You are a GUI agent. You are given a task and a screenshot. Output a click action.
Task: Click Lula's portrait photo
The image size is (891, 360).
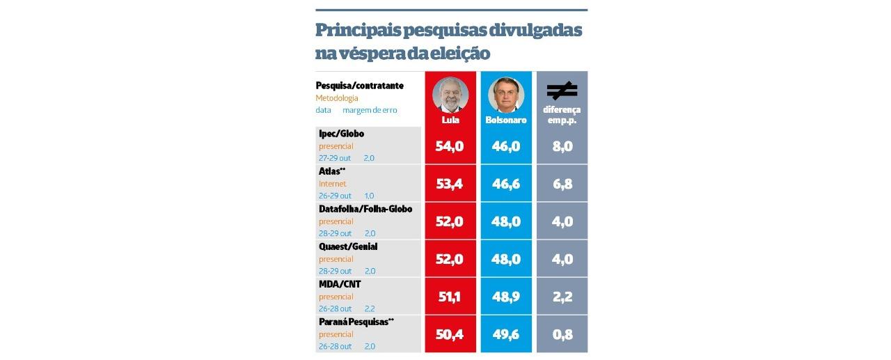[x=450, y=95]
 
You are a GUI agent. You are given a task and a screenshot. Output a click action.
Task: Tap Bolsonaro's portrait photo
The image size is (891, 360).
[x=505, y=95]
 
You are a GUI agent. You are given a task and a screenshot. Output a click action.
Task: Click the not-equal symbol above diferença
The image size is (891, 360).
[x=562, y=91]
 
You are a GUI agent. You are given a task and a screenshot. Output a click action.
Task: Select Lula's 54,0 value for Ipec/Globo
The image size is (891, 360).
[x=450, y=146]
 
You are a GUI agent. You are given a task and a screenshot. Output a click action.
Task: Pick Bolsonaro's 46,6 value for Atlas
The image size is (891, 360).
[x=506, y=184]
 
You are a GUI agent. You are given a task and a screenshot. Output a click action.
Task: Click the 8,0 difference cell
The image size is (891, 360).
[x=562, y=146]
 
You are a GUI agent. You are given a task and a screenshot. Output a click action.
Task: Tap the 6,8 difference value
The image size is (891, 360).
[x=562, y=184]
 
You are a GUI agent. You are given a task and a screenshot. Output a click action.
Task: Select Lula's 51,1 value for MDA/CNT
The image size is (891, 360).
[x=450, y=297]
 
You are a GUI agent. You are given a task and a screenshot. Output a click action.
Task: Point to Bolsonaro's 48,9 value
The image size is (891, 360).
[x=506, y=297]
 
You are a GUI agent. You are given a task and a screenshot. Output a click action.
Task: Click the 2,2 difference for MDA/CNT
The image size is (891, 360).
[x=562, y=297]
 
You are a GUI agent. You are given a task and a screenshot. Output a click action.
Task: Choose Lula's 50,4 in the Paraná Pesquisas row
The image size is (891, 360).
[x=450, y=334]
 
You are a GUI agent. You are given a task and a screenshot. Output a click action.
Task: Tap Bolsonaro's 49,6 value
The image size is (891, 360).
[x=506, y=334]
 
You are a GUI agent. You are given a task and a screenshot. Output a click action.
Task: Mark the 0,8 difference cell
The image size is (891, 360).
[x=562, y=334]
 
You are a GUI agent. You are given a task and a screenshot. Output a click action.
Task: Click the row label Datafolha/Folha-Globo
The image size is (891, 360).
[x=365, y=209]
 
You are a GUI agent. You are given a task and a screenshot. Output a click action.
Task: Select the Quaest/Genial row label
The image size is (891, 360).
[x=348, y=246]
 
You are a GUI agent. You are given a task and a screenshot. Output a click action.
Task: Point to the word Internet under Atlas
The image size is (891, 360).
[x=333, y=184]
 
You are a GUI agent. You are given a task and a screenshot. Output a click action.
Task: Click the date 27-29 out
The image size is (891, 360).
[x=335, y=158]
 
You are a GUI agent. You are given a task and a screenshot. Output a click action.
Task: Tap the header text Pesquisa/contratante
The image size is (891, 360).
[x=359, y=86]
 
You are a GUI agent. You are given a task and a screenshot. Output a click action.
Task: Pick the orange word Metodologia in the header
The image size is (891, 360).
[x=337, y=98]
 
